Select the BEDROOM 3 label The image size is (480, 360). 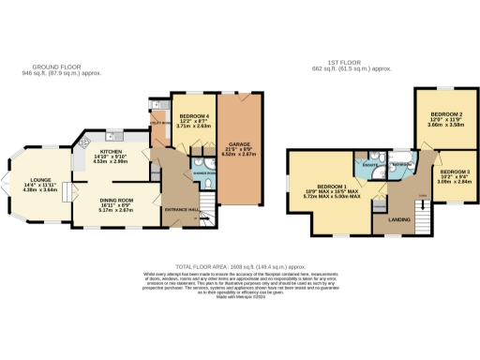tap(454, 172)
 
